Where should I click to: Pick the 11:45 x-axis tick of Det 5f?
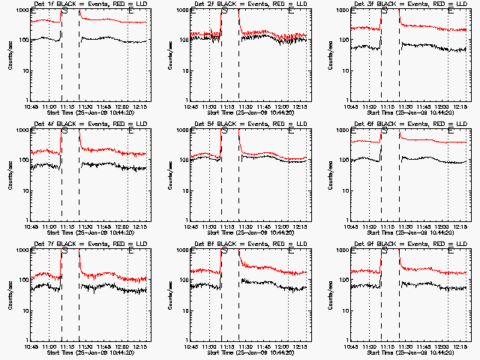tap(263, 226)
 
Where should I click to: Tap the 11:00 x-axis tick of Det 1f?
tap(49, 106)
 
